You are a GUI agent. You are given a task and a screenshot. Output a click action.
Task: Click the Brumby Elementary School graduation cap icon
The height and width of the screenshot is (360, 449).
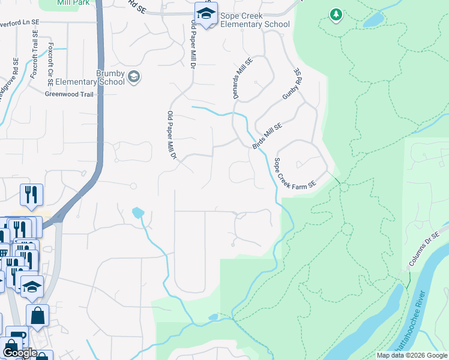click(x=134, y=76)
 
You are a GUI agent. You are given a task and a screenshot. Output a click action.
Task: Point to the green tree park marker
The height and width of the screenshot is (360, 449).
click(x=336, y=14)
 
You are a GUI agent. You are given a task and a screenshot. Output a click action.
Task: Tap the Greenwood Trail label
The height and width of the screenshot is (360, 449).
click(x=70, y=94)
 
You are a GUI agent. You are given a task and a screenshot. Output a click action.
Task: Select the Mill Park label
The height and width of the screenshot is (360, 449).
click(x=74, y=3)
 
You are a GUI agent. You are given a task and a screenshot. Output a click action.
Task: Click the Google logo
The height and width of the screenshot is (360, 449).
click(x=19, y=353)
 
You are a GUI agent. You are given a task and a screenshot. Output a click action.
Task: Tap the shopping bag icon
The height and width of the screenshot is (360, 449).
click(x=37, y=315)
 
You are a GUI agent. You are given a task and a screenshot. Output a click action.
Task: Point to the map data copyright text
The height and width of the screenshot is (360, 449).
click(x=411, y=355)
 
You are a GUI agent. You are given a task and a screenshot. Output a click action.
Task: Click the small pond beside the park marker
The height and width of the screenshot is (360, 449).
click(x=373, y=20)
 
